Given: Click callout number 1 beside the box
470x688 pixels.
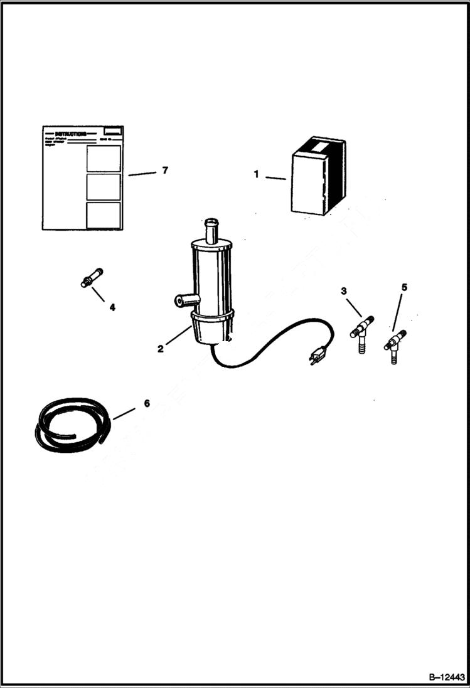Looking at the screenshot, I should point(256,174).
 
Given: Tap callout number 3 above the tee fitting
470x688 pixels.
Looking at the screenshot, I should point(343,290).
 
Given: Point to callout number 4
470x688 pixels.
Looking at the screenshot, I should point(112,307).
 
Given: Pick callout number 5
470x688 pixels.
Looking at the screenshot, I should point(404,287).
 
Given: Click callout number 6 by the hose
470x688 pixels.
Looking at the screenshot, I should point(147,403).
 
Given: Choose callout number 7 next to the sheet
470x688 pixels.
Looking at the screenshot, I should point(165,170).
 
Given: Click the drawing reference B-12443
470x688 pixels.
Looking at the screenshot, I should point(447,677).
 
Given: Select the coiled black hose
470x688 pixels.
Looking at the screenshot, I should point(72,424).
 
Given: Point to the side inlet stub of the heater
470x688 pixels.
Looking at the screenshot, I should point(183,302).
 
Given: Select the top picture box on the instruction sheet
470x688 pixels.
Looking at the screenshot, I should point(104,158).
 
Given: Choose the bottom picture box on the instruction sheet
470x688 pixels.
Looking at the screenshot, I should point(104,214).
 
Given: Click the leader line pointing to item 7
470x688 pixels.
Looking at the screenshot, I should point(142,174).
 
